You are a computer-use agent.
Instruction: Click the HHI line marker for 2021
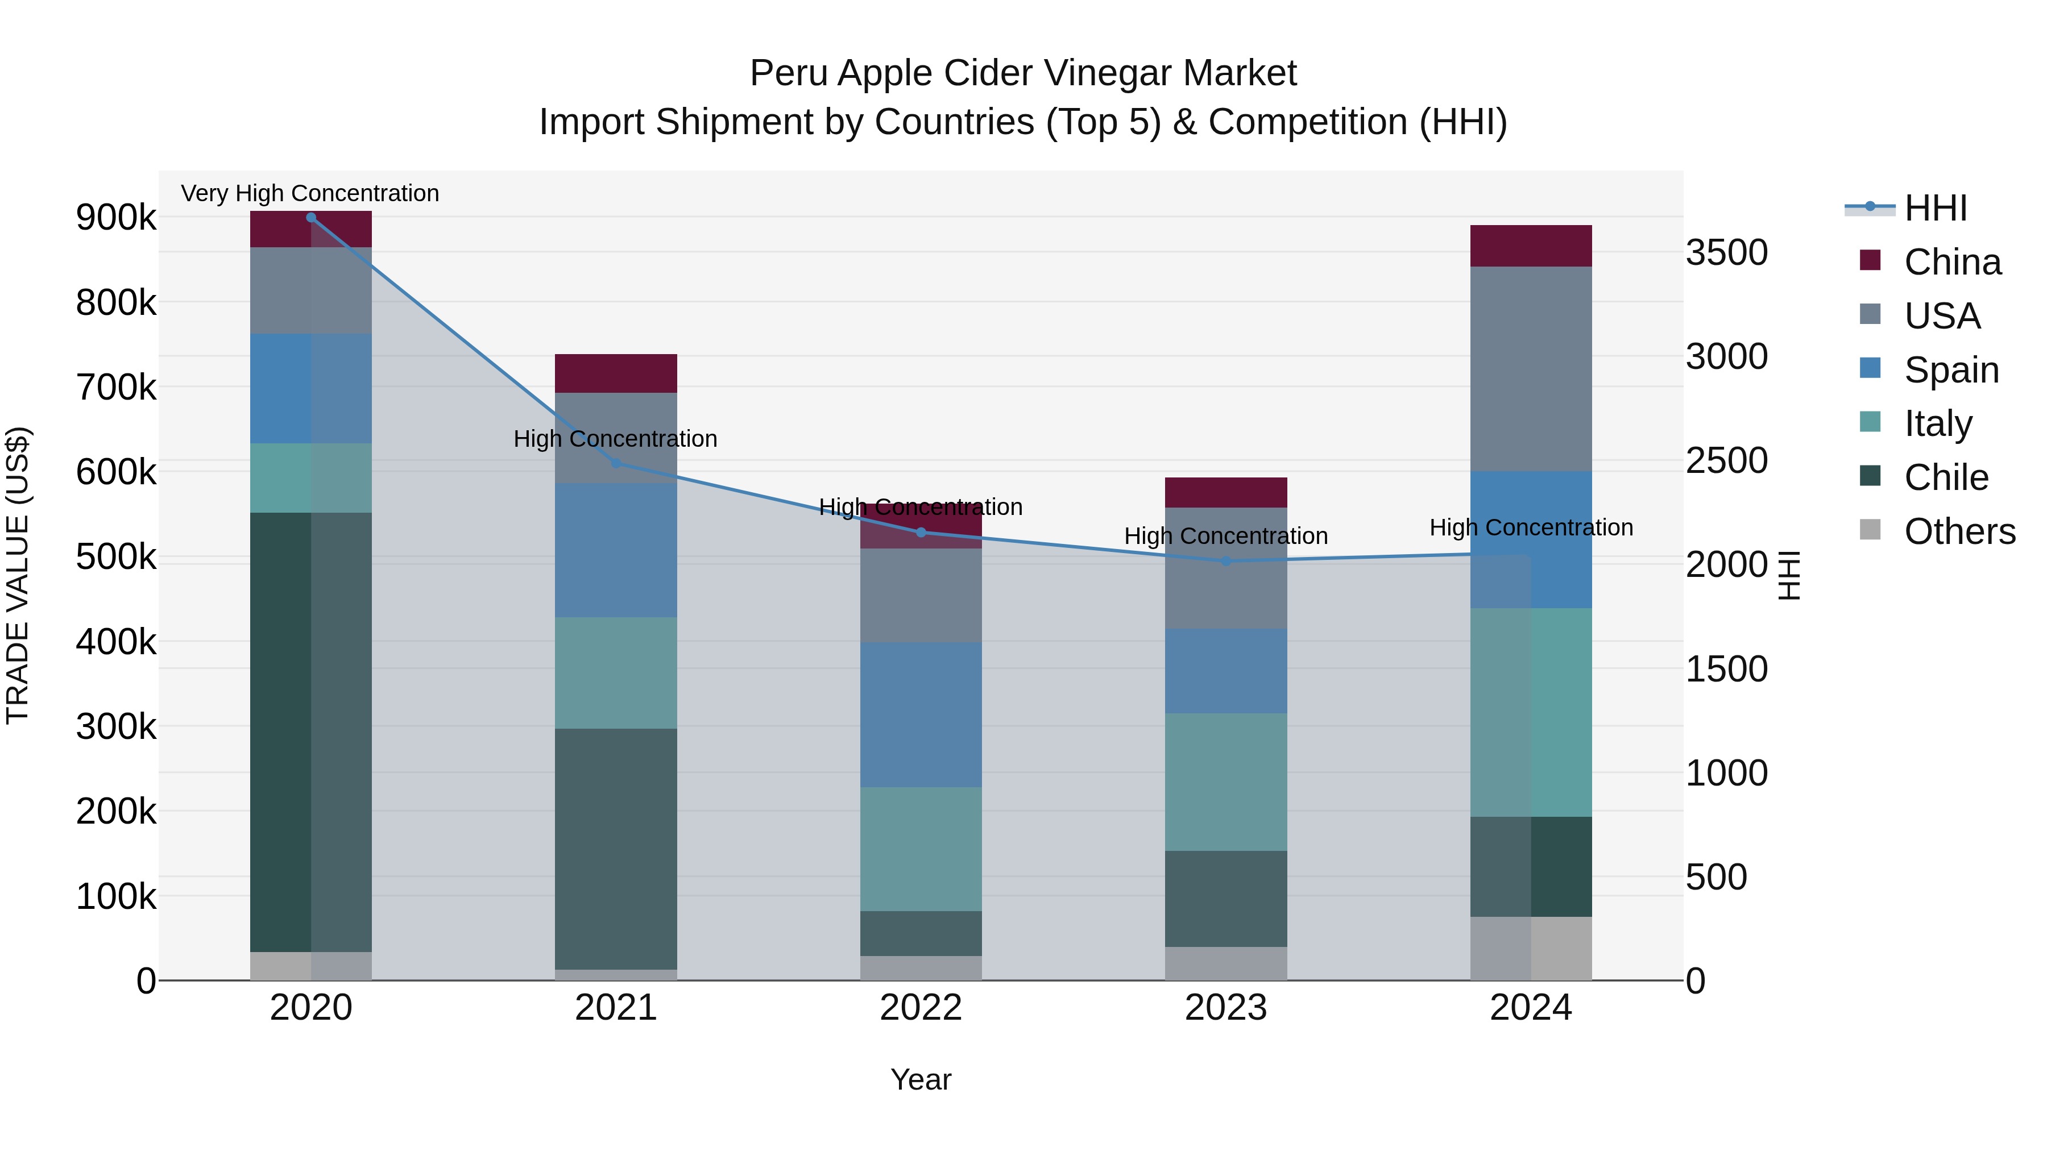point(616,463)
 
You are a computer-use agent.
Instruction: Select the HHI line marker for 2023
point(1226,561)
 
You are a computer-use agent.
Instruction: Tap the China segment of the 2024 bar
point(1531,246)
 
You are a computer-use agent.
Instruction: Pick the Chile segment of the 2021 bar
point(616,849)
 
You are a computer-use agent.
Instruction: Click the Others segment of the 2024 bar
point(1531,949)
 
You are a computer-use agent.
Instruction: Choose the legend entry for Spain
point(1951,370)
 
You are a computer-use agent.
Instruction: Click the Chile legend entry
point(1946,477)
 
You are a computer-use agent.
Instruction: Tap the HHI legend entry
point(1935,208)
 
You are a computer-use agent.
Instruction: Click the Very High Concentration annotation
point(310,193)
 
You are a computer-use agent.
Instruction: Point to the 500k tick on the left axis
point(116,557)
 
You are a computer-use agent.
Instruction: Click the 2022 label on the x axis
point(921,1008)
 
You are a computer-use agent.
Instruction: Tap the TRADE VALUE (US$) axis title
point(18,575)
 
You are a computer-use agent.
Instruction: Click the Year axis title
point(921,1079)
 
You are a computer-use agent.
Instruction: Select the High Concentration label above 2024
point(1531,527)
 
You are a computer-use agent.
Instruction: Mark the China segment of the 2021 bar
point(616,373)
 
